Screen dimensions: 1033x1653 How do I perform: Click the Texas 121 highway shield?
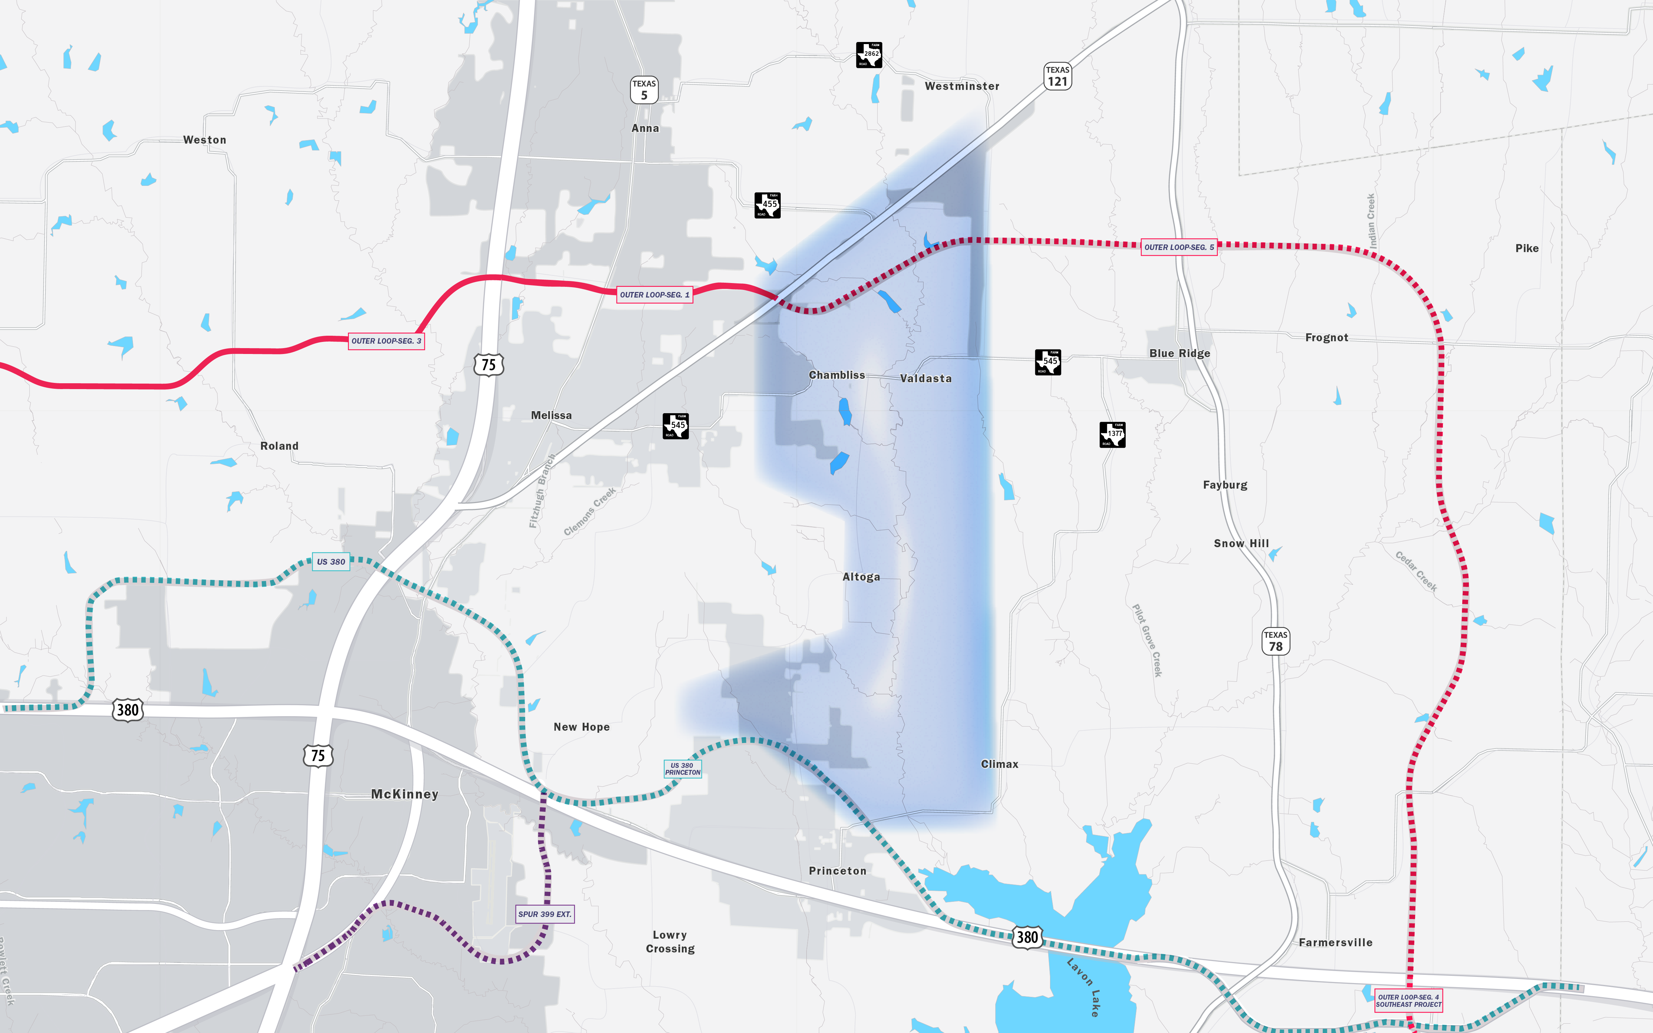(x=1057, y=76)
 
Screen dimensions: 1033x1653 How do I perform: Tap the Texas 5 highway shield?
(x=643, y=90)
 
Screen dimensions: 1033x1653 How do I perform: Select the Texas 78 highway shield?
(x=1275, y=641)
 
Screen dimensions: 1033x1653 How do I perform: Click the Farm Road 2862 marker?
(x=869, y=55)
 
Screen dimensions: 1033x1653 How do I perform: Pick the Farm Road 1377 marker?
(x=1112, y=435)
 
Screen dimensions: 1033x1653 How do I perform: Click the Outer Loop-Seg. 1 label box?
(x=654, y=294)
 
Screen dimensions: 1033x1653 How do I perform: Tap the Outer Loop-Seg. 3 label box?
(x=386, y=341)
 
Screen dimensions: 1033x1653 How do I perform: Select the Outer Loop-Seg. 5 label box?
(x=1179, y=247)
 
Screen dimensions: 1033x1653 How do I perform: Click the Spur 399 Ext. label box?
(x=544, y=914)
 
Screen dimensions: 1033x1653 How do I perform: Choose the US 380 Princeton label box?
(x=682, y=769)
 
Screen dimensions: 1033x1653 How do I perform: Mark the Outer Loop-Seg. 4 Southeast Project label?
(x=1408, y=1001)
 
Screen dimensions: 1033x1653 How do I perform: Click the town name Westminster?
(x=962, y=86)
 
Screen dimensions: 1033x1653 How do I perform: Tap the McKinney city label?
(x=404, y=794)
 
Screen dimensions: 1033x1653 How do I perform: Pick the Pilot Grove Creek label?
(x=1147, y=640)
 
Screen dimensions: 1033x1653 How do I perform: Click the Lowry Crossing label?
(x=670, y=941)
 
